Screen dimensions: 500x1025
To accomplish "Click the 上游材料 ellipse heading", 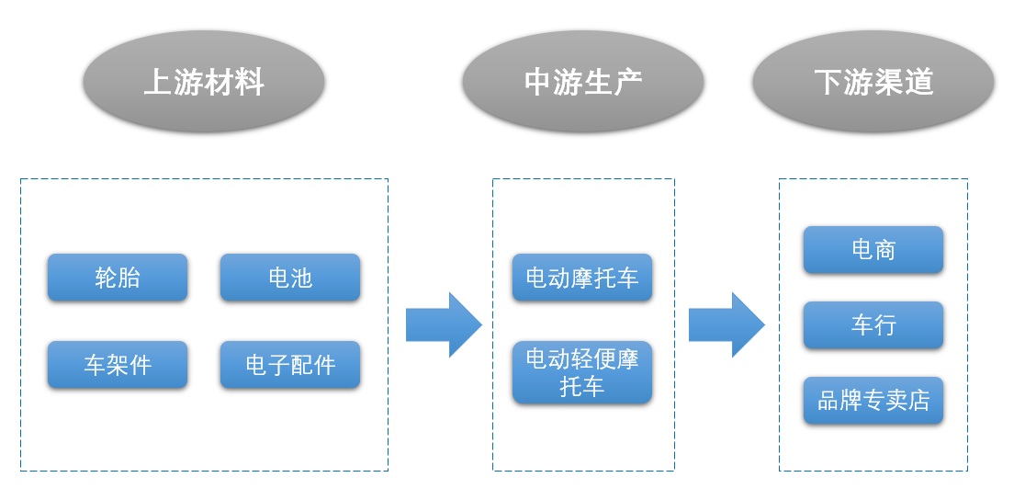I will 204,82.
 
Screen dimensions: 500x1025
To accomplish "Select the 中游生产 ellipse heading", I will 582,82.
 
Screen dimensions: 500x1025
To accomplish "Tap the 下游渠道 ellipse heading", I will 873,82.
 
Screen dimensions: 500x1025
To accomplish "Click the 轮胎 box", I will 118,278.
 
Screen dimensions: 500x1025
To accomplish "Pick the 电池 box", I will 290,278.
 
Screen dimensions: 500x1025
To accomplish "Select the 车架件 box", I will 118,365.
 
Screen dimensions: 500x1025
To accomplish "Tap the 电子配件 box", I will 290,365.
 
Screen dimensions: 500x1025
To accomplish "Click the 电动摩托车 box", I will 582,278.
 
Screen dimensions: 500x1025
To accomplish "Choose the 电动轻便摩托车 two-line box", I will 582,372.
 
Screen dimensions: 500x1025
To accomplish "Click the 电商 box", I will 873,250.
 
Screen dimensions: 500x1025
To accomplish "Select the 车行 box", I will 873,325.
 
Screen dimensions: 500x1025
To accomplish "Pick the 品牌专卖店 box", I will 873,401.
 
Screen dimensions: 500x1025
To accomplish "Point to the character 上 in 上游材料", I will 158,83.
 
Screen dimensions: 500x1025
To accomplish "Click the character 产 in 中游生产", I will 627,83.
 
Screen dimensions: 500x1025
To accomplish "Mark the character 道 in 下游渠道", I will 918,83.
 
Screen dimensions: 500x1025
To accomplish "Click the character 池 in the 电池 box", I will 302,278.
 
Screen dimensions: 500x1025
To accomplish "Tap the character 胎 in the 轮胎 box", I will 130,278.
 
